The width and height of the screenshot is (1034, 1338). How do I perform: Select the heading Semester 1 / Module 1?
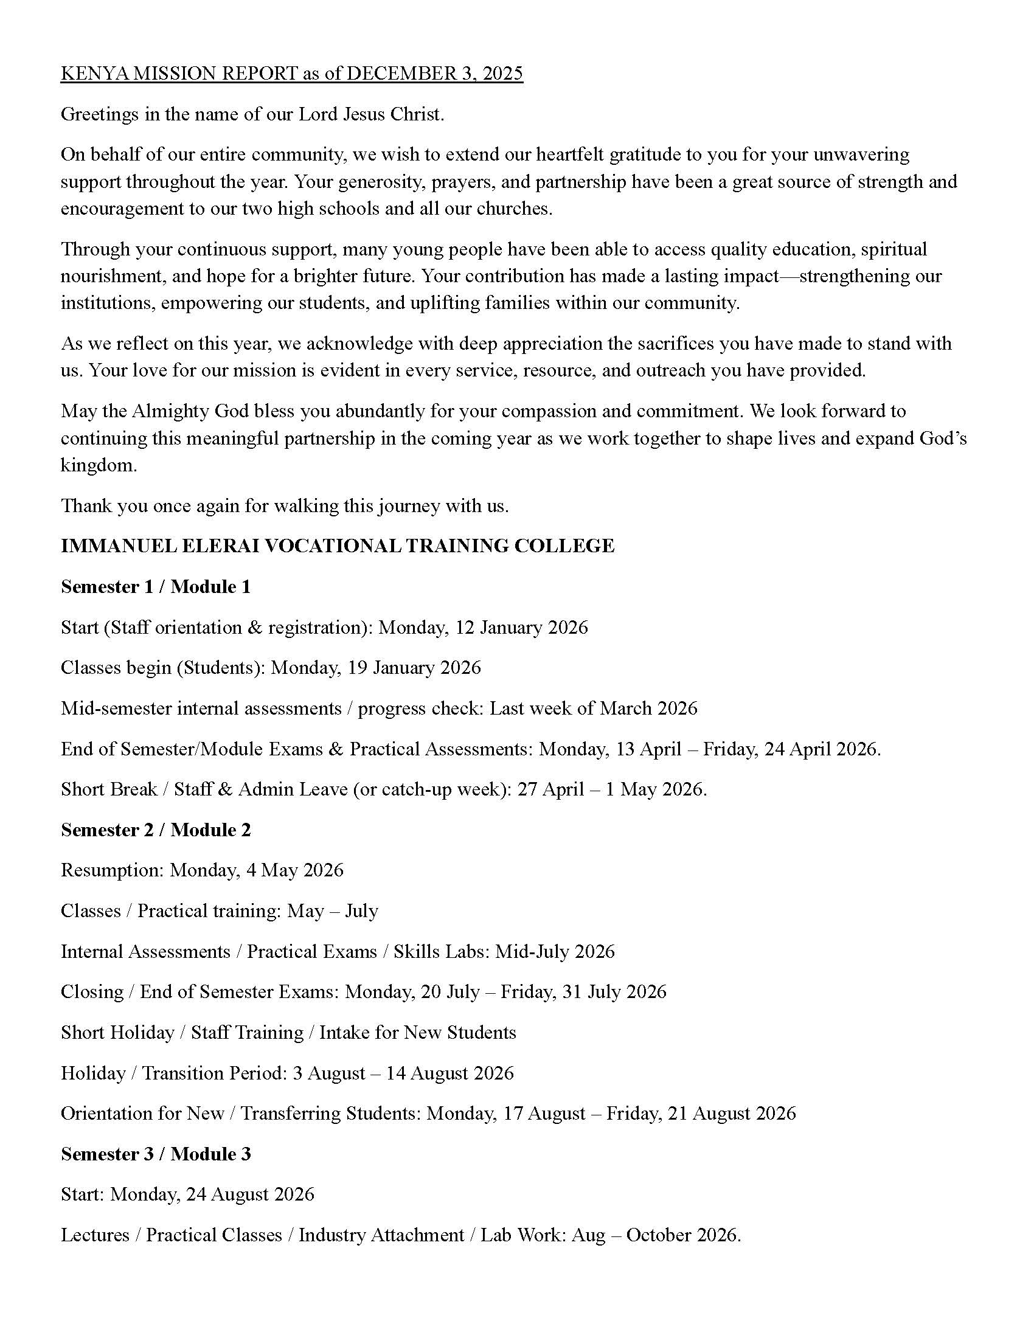pos(156,586)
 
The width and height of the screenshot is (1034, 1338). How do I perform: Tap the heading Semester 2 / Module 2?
pos(156,830)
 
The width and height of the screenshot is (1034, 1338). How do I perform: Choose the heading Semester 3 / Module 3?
pos(156,1154)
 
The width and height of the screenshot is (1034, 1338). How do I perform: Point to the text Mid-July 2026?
pos(554,951)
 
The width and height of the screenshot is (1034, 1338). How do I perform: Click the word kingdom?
pos(99,466)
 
